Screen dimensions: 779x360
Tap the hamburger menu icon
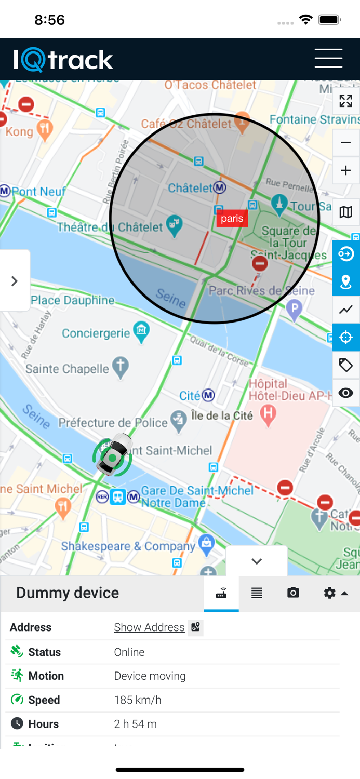pyautogui.click(x=328, y=58)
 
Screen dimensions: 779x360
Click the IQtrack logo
pyautogui.click(x=63, y=60)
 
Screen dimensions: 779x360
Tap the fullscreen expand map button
pyautogui.click(x=346, y=101)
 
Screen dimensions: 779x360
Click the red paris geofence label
pyautogui.click(x=232, y=218)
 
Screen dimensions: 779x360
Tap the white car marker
pyautogui.click(x=113, y=455)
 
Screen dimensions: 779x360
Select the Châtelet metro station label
pyautogui.click(x=196, y=187)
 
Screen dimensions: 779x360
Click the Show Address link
pyautogui.click(x=149, y=627)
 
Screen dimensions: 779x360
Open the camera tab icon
pyautogui.click(x=293, y=593)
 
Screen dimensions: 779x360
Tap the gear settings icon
pyautogui.click(x=330, y=593)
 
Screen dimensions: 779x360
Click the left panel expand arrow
pyautogui.click(x=15, y=281)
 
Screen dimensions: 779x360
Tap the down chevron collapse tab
pyautogui.click(x=257, y=561)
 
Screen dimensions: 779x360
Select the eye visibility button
pyautogui.click(x=346, y=393)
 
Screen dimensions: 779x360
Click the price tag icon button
pyautogui.click(x=346, y=365)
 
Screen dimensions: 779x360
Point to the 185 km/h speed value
pyautogui.click(x=138, y=700)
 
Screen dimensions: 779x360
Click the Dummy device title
pyautogui.click(x=68, y=593)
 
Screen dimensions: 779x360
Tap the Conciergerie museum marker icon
pyautogui.click(x=141, y=329)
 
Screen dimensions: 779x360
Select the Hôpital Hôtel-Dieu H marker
pyautogui.click(x=268, y=414)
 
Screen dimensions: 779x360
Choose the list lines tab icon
pyautogui.click(x=257, y=593)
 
